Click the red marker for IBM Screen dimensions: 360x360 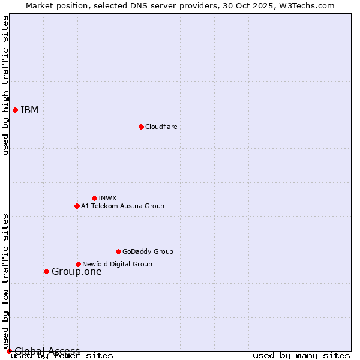15,110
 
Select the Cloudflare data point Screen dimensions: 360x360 141,127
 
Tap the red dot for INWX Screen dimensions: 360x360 94,198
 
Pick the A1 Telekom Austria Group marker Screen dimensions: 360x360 77,206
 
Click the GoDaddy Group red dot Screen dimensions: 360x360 118,251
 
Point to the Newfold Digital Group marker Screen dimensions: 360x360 78,264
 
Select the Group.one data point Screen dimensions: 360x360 46,271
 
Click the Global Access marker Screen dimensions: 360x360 9,351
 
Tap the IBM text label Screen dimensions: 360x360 29,110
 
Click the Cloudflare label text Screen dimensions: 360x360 161,127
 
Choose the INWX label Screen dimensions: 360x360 107,198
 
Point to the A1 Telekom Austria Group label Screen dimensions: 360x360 122,206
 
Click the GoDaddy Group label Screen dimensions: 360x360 148,251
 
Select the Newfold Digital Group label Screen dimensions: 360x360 117,264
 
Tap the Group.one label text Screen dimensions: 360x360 76,271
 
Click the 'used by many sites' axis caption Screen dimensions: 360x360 301,355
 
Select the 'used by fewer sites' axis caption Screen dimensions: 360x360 62,355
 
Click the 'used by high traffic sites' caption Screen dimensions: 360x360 5,85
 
